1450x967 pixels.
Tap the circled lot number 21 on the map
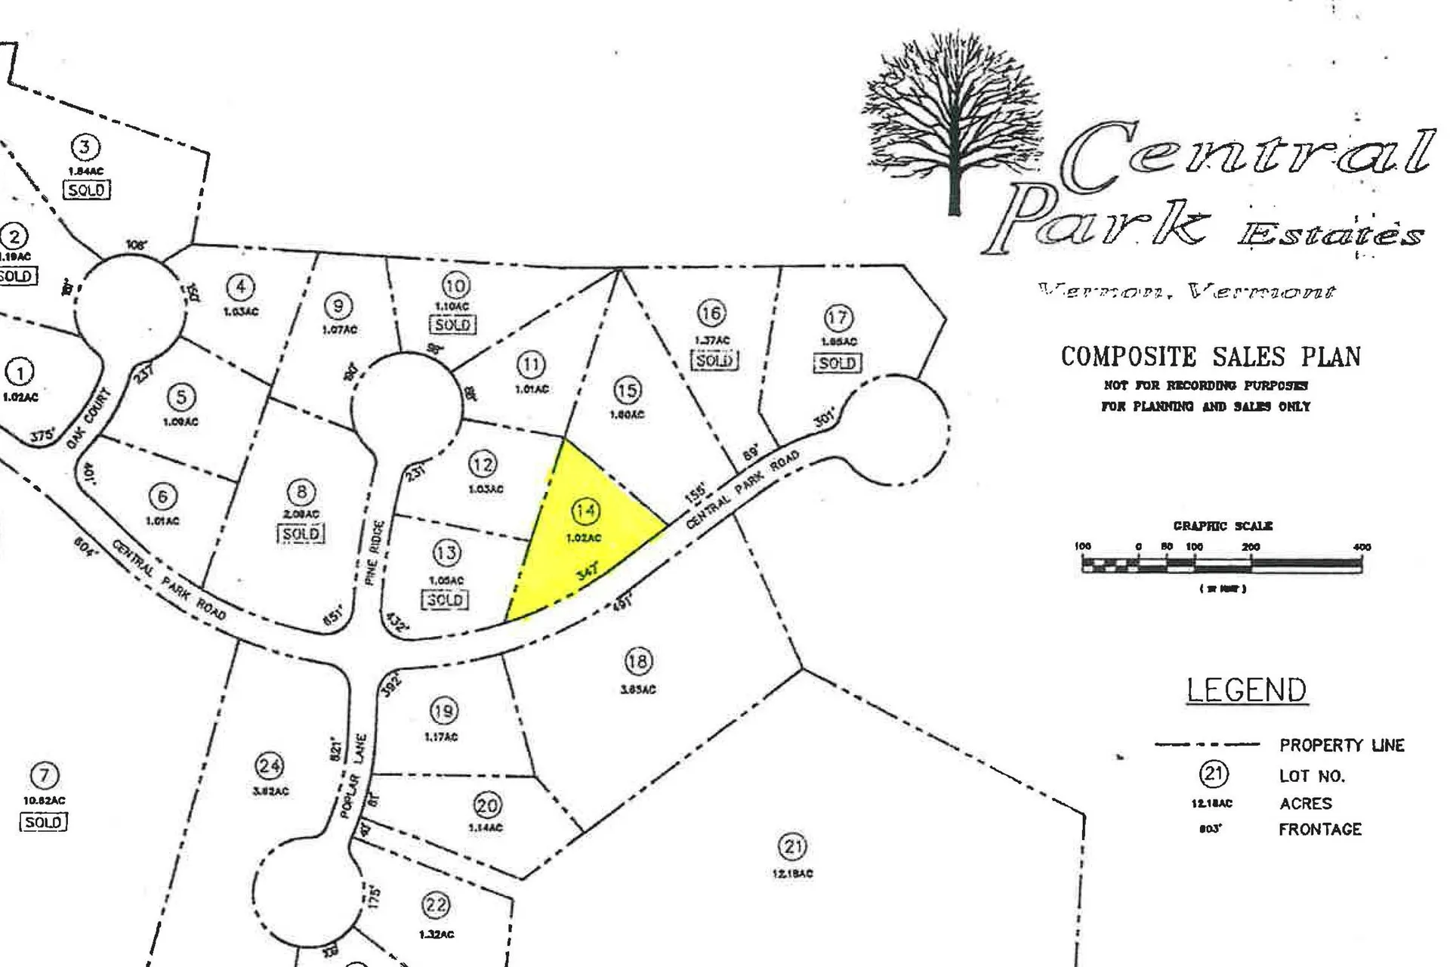click(x=792, y=846)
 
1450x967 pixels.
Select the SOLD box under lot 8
click(x=301, y=534)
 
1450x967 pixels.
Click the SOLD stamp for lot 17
click(x=837, y=363)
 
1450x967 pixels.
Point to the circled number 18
click(x=637, y=663)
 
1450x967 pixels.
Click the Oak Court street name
click(x=88, y=418)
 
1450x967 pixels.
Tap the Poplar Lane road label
click(x=354, y=775)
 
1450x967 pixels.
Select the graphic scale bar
click(x=1221, y=564)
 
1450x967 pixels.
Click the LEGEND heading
click(x=1246, y=690)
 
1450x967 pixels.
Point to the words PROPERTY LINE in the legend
click(x=1341, y=746)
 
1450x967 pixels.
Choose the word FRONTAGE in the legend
click(x=1319, y=830)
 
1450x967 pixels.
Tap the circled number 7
click(x=45, y=775)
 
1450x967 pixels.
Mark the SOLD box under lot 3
click(x=86, y=190)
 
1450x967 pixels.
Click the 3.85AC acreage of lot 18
click(x=637, y=690)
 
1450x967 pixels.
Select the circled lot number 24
click(x=270, y=766)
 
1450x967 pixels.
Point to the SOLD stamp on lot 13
click(x=445, y=600)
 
